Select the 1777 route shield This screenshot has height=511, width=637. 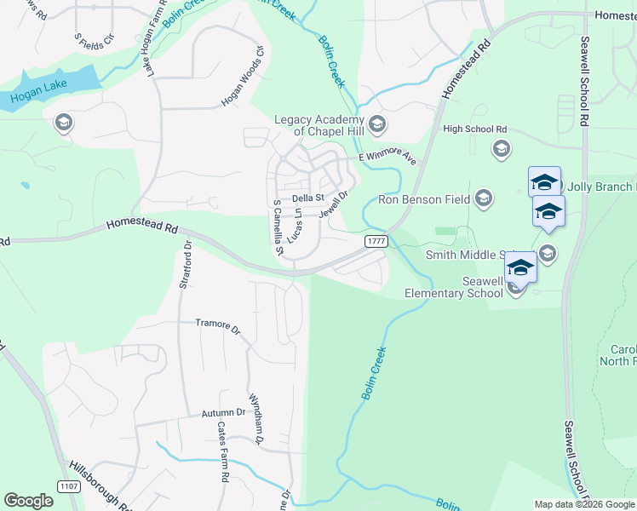pyautogui.click(x=376, y=242)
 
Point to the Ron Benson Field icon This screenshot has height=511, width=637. pyautogui.click(x=484, y=200)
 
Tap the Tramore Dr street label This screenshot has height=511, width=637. pyautogui.click(x=218, y=324)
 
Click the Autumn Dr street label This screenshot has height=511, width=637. pyautogui.click(x=223, y=413)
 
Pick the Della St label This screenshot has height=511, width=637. pyautogui.click(x=308, y=198)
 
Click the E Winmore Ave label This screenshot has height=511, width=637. pyautogui.click(x=387, y=158)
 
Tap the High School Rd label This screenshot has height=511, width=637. pyautogui.click(x=474, y=129)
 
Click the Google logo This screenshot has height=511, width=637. pyautogui.click(x=28, y=501)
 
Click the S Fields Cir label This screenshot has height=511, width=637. pyautogui.click(x=94, y=40)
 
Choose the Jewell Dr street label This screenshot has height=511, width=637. pyautogui.click(x=334, y=204)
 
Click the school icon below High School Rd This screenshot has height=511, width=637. pyautogui.click(x=502, y=150)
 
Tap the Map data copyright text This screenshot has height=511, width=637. pyautogui.click(x=584, y=504)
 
